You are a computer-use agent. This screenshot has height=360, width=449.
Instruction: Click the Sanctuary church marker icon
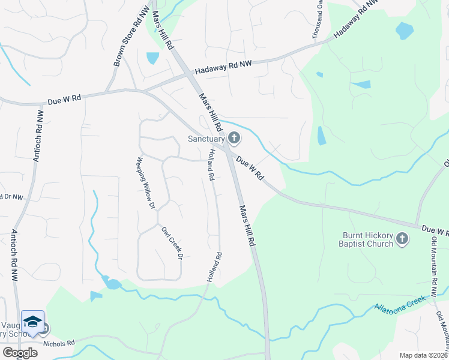234,139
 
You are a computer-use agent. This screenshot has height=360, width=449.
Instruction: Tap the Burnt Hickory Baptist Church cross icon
402,240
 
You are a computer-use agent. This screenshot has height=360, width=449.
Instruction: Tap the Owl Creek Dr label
170,242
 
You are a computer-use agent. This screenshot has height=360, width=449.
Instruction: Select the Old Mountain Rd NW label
433,265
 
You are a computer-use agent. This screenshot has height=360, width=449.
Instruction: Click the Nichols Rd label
59,343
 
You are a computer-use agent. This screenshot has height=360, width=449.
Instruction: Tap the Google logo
20,353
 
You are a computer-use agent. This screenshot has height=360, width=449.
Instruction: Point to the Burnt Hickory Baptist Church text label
367,240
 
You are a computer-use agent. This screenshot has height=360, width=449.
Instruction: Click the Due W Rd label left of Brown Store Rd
64,100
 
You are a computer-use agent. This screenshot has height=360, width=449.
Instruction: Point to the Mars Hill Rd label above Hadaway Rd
162,29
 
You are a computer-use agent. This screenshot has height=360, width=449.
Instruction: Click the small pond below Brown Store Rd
152,58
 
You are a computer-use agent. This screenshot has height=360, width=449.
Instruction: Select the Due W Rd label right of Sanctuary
250,169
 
